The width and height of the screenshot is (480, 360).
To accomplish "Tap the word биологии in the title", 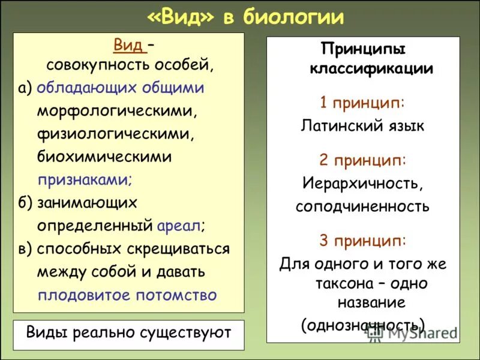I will [296, 17].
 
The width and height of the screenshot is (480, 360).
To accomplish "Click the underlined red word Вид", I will [128, 45].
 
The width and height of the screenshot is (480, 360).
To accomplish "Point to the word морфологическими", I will [117, 111].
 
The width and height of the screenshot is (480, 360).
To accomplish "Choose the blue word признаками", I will [85, 179].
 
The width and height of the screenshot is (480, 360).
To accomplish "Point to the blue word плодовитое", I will [85, 295].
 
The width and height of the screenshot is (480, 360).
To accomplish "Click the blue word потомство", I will [178, 295].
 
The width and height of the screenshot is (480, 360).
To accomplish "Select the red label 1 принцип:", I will [362, 103].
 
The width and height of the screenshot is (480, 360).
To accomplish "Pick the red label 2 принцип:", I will [362, 160].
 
